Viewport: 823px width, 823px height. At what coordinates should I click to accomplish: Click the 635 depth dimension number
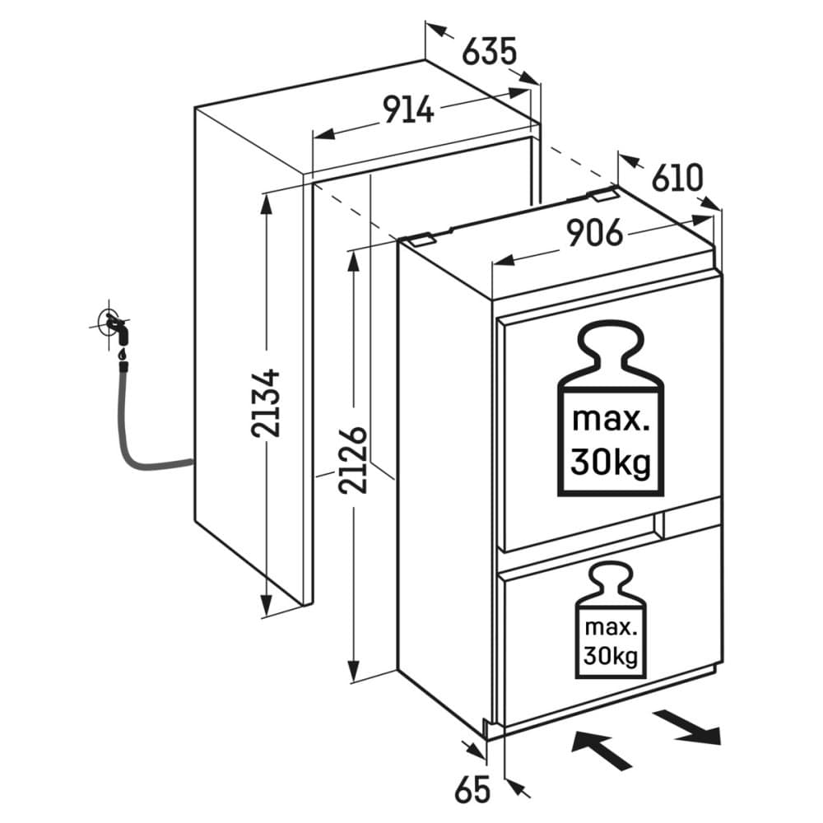489,51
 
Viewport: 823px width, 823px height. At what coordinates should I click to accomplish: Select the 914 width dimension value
407,109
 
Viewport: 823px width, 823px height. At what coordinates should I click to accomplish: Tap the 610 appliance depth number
678,177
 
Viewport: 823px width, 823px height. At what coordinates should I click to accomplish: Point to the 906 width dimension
594,235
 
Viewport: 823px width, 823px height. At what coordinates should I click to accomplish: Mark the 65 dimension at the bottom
472,789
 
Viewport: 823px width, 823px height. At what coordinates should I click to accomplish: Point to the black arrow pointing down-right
690,726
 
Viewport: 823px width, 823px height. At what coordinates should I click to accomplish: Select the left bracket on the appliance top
421,239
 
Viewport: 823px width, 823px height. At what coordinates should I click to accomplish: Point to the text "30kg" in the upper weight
610,464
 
